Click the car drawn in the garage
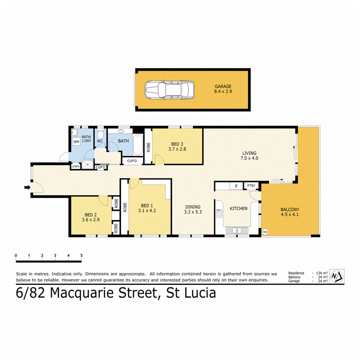pyautogui.click(x=169, y=90)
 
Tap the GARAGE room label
pyautogui.click(x=223, y=87)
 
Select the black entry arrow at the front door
pyautogui.click(x=27, y=188)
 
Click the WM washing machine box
pyautogui.click(x=76, y=141)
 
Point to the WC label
pyautogui.click(x=100, y=141)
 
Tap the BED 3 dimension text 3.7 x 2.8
pyautogui.click(x=177, y=148)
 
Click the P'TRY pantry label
pyautogui.click(x=251, y=186)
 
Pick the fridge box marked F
pyautogui.click(x=236, y=186)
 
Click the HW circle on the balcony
pyautogui.click(x=265, y=232)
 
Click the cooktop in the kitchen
pyautogui.click(x=219, y=214)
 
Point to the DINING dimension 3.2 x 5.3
pyautogui.click(x=193, y=212)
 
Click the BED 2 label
pyautogui.click(x=91, y=215)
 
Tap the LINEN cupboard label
pyautogui.click(x=76, y=167)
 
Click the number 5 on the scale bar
pyautogui.click(x=81, y=255)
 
